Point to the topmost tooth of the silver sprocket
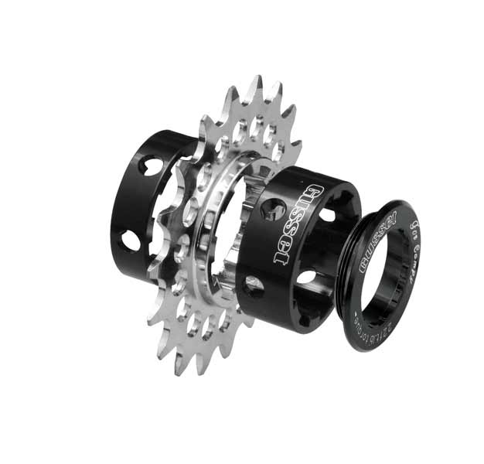[256, 85]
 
